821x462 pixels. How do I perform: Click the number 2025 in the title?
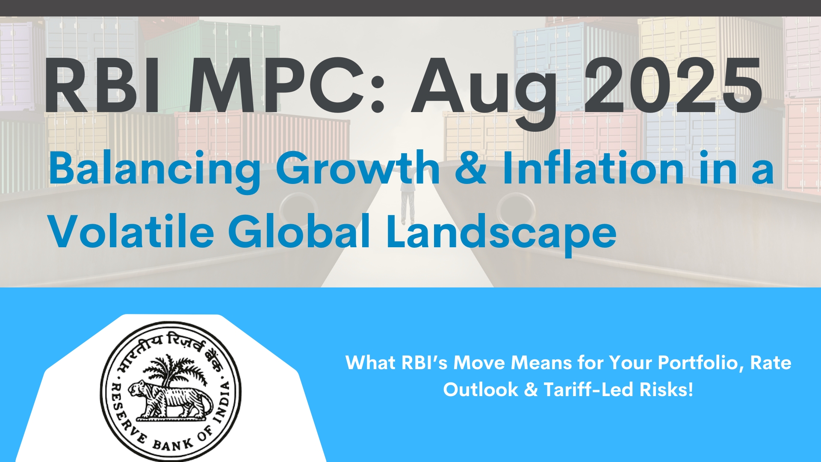673,86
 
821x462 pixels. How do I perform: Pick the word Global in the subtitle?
299,231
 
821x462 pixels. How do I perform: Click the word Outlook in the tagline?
481,390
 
